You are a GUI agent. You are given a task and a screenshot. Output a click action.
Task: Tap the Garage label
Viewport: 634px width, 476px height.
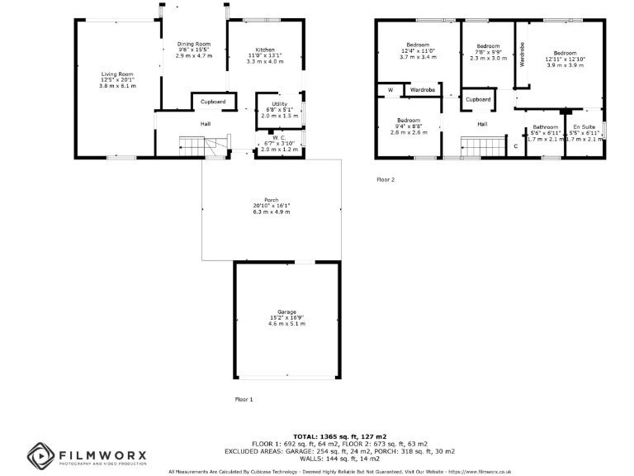tap(286, 312)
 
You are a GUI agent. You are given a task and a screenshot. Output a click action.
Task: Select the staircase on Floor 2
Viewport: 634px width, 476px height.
tap(480, 147)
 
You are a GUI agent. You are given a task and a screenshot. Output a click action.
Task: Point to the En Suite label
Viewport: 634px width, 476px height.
tap(584, 127)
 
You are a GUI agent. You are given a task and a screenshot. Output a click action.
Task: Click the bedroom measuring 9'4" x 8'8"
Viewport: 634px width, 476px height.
tap(408, 121)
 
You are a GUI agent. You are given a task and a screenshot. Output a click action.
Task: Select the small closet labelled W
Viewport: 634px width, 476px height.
tap(390, 89)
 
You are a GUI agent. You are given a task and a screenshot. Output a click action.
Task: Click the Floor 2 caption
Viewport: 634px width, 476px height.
tap(386, 179)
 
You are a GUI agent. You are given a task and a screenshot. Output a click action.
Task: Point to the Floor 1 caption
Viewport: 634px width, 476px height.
tap(244, 399)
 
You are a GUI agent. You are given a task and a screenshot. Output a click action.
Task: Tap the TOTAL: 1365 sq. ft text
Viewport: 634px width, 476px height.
tap(340, 436)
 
